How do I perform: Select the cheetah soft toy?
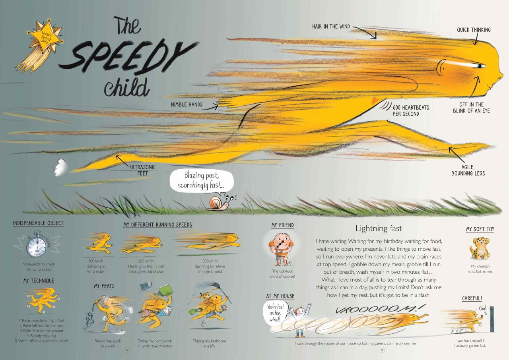(480, 249)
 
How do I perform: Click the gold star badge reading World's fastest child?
(45, 37)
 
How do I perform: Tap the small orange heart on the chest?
(375, 101)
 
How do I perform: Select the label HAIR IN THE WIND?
(331, 27)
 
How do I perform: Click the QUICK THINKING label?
(474, 30)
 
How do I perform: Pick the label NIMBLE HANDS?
(187, 105)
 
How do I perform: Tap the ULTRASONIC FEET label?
(143, 170)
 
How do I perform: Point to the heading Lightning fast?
(379, 228)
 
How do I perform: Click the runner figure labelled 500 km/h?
(209, 241)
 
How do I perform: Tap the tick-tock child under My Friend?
(281, 249)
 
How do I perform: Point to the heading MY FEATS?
(104, 286)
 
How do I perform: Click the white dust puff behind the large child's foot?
(60, 168)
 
